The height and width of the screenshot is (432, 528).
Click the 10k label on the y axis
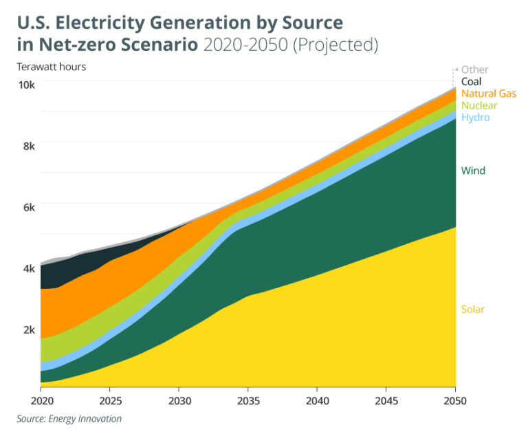26,85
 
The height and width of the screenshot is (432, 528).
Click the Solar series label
473,309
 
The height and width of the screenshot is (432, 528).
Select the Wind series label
473,171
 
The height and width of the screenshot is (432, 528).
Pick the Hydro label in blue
475,118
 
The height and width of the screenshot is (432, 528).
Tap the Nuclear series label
479,105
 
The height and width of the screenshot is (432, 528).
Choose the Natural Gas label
488,93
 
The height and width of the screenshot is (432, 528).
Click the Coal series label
472,81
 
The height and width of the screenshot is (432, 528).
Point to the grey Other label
474,69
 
